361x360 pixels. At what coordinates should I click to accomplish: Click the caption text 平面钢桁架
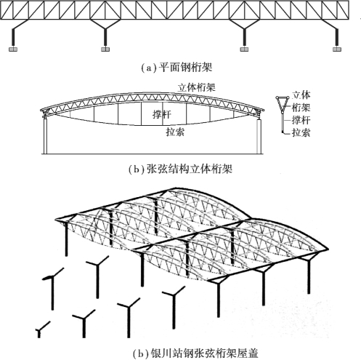(x=185, y=68)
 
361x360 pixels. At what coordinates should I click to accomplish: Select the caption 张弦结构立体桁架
(x=190, y=169)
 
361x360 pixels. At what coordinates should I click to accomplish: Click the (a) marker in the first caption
(x=149, y=68)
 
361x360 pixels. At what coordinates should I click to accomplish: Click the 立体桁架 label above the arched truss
(x=196, y=87)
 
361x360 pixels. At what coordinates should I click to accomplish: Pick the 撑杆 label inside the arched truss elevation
(x=162, y=114)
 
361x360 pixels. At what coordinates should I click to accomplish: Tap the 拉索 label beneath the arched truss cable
(x=175, y=132)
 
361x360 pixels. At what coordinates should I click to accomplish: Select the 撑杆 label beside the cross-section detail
(x=301, y=120)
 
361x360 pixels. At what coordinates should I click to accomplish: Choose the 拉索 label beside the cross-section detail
(x=301, y=132)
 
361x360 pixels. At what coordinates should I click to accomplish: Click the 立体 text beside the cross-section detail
(x=301, y=95)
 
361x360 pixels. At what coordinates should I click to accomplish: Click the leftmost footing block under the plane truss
(x=13, y=49)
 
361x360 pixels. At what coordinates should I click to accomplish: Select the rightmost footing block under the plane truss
(x=337, y=49)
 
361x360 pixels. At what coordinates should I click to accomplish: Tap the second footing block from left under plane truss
(x=105, y=49)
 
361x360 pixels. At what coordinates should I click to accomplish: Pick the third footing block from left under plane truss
(x=244, y=49)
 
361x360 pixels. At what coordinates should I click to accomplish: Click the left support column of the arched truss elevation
(x=45, y=136)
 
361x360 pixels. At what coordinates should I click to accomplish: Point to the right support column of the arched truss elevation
(x=259, y=137)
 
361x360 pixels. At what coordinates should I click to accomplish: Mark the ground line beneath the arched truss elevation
(x=153, y=154)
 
